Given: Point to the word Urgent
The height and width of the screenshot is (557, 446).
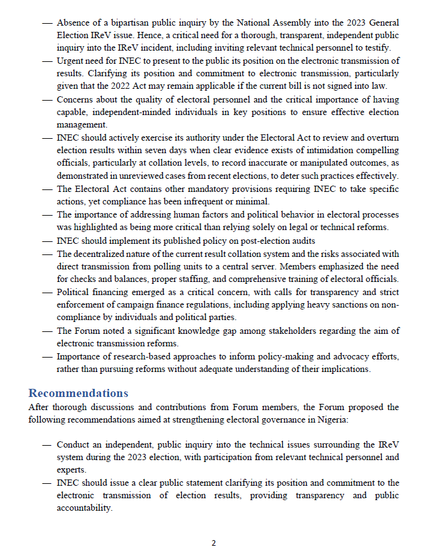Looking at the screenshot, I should click(x=70, y=61).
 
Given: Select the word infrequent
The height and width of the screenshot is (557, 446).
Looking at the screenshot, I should click(x=212, y=201).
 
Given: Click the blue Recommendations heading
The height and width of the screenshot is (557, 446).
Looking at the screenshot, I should click(x=78, y=393).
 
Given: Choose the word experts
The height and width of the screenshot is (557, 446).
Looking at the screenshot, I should click(x=72, y=469).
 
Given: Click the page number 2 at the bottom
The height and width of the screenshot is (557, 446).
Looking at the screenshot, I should click(x=214, y=543).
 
